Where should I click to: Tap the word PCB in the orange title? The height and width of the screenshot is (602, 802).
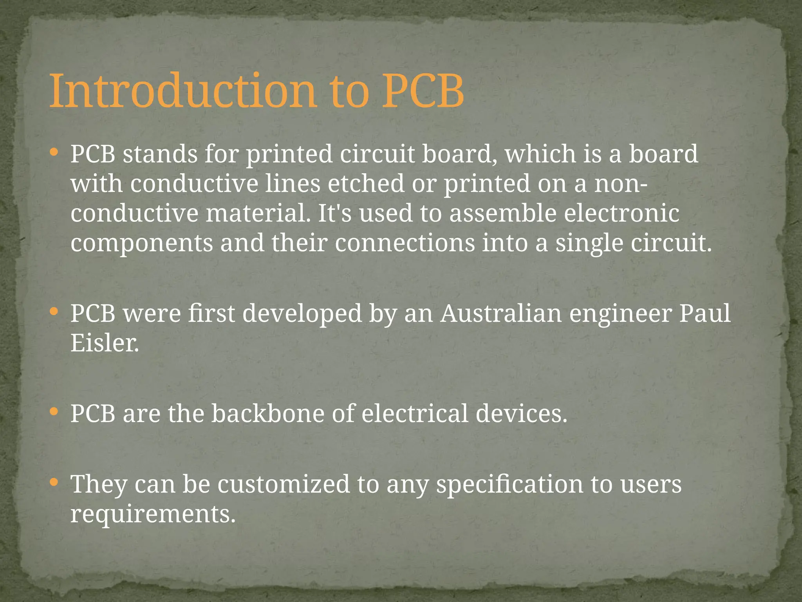click(423, 91)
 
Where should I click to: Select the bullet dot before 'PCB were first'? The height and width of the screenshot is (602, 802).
click(54, 312)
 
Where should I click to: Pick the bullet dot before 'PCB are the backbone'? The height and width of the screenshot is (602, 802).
click(54, 412)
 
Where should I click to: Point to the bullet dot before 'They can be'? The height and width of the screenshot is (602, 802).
click(54, 482)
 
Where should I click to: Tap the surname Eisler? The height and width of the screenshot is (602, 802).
click(104, 343)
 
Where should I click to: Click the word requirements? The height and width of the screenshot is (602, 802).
click(153, 514)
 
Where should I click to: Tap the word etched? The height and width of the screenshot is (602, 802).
click(366, 183)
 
